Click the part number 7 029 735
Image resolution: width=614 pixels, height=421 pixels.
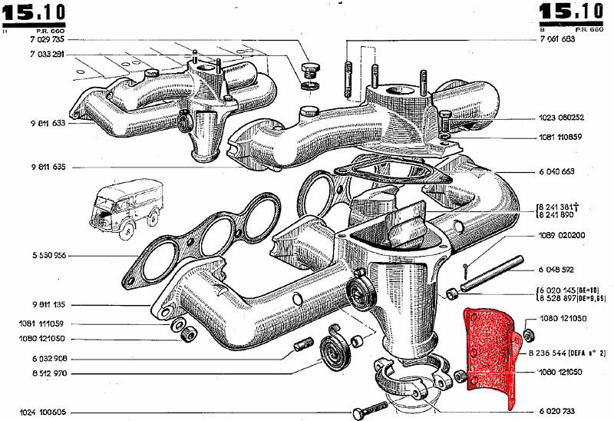pyautogui.click(x=48, y=39)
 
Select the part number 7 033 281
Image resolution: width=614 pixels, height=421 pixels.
pyautogui.click(x=48, y=55)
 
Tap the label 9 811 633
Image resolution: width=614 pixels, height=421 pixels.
pyautogui.click(x=48, y=123)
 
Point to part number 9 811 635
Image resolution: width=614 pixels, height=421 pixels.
pyautogui.click(x=48, y=167)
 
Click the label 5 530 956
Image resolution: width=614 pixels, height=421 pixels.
pyautogui.click(x=48, y=255)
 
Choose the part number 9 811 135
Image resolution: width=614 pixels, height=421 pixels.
pyautogui.click(x=48, y=303)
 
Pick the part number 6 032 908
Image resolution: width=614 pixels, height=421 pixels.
pyautogui.click(x=48, y=359)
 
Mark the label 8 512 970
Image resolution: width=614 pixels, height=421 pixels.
pyautogui.click(x=48, y=374)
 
